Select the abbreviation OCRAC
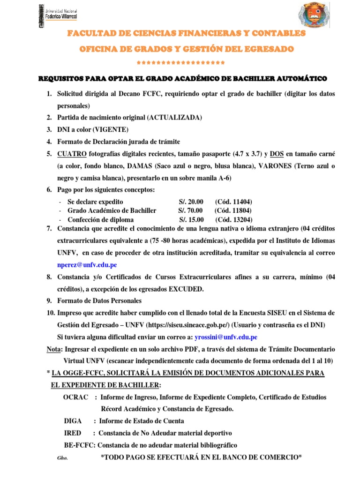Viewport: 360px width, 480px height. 76,397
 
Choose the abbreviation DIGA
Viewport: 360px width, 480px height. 73,421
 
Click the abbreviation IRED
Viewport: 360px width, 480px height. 72,433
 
